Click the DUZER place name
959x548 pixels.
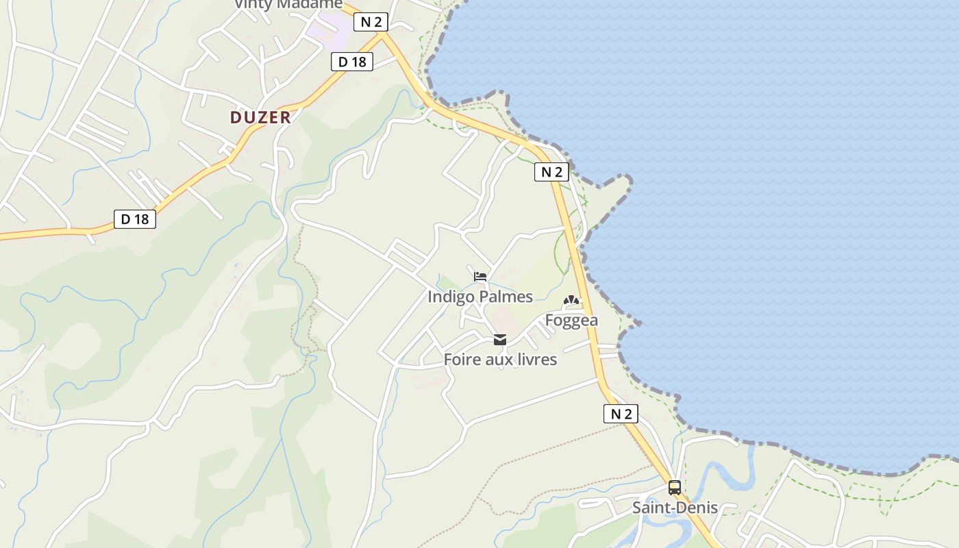pos(260,117)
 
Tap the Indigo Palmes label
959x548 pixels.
pos(480,297)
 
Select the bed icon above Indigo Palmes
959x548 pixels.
pos(480,277)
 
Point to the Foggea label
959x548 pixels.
pos(571,320)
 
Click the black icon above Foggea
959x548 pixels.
pos(571,300)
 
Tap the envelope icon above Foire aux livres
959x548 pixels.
pos(500,340)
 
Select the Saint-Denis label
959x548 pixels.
pos(675,508)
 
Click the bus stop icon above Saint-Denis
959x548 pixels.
pos(675,488)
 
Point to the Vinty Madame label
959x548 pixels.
pos(288,4)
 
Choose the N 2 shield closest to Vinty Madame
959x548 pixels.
pos(371,22)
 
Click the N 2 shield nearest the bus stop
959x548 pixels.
pos(621,414)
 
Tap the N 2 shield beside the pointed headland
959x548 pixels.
pos(551,172)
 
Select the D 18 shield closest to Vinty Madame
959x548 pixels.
pos(352,62)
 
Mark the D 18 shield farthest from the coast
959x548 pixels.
pos(135,219)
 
